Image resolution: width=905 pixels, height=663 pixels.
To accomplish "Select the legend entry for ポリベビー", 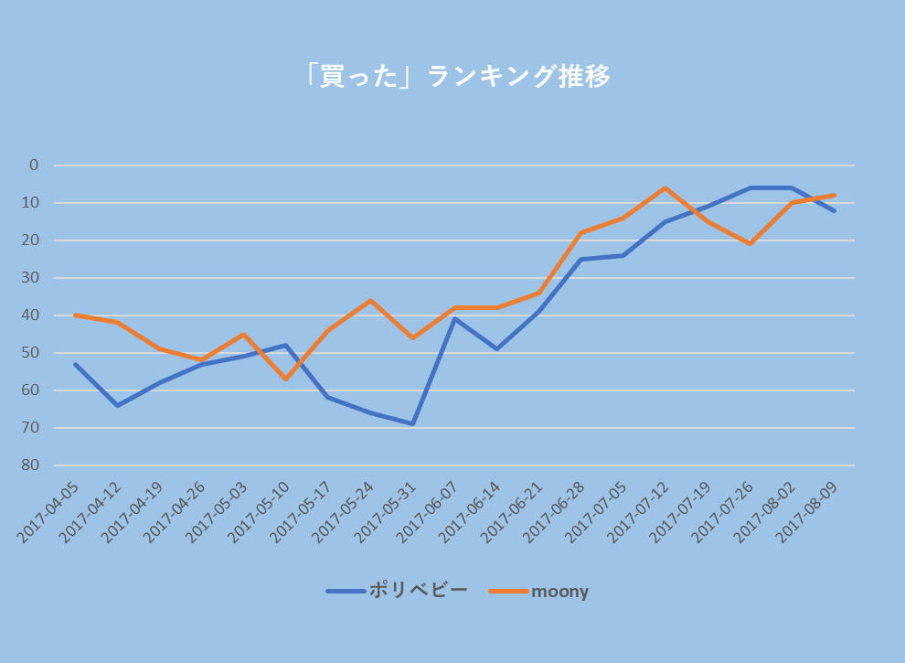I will point(398,591).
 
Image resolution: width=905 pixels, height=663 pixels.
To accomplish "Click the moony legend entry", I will point(539,591).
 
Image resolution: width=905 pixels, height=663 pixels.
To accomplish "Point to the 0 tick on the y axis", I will point(34,166).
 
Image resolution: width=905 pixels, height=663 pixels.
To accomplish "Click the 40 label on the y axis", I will point(34,315).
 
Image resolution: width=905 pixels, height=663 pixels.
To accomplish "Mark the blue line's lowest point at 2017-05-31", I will point(412,423).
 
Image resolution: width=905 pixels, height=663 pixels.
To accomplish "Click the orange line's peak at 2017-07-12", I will point(665,188).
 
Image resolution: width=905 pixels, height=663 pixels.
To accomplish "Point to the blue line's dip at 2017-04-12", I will point(117,405).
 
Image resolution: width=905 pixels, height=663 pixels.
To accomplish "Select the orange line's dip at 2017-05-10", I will point(286,379).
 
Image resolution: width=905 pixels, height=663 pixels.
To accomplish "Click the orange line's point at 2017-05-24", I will point(370,300).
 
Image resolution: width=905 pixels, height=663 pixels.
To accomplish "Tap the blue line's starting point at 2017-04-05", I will point(75,364).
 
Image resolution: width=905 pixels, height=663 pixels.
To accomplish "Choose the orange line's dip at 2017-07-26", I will point(750,244).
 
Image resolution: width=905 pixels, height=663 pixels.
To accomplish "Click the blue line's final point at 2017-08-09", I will point(834,210).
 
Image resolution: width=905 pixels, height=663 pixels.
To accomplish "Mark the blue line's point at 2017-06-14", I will point(496,348).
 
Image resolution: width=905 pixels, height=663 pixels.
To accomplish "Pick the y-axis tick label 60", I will point(34,390).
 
